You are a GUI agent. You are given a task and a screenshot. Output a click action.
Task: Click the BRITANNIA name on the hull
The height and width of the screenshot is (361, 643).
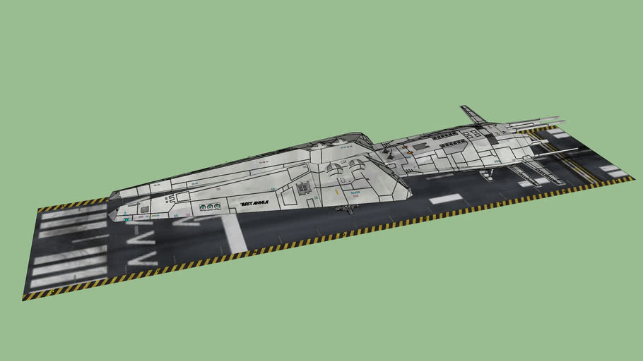click(x=255, y=203)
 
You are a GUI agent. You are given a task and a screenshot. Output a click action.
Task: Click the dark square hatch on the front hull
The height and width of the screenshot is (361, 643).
click(x=305, y=188)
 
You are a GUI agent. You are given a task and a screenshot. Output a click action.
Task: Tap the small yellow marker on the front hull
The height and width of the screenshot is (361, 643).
click(x=338, y=192)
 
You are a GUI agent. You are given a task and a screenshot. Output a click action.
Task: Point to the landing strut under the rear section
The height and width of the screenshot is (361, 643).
click(x=486, y=173)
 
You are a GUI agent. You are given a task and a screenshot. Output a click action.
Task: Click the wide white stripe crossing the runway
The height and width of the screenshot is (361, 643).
click(x=230, y=233)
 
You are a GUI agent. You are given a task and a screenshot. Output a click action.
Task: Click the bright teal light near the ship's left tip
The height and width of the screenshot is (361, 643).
click(x=126, y=219)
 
